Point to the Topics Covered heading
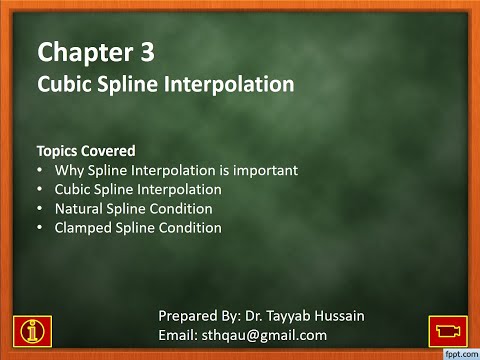pyautogui.click(x=86, y=151)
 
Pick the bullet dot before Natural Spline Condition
pyautogui.click(x=40, y=209)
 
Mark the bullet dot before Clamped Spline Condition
pyautogui.click(x=40, y=228)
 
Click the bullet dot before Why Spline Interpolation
pyautogui.click(x=40, y=170)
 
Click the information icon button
pyautogui.click(x=33, y=326)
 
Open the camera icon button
pyautogui.click(x=447, y=327)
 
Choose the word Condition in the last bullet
pyautogui.click(x=186, y=228)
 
